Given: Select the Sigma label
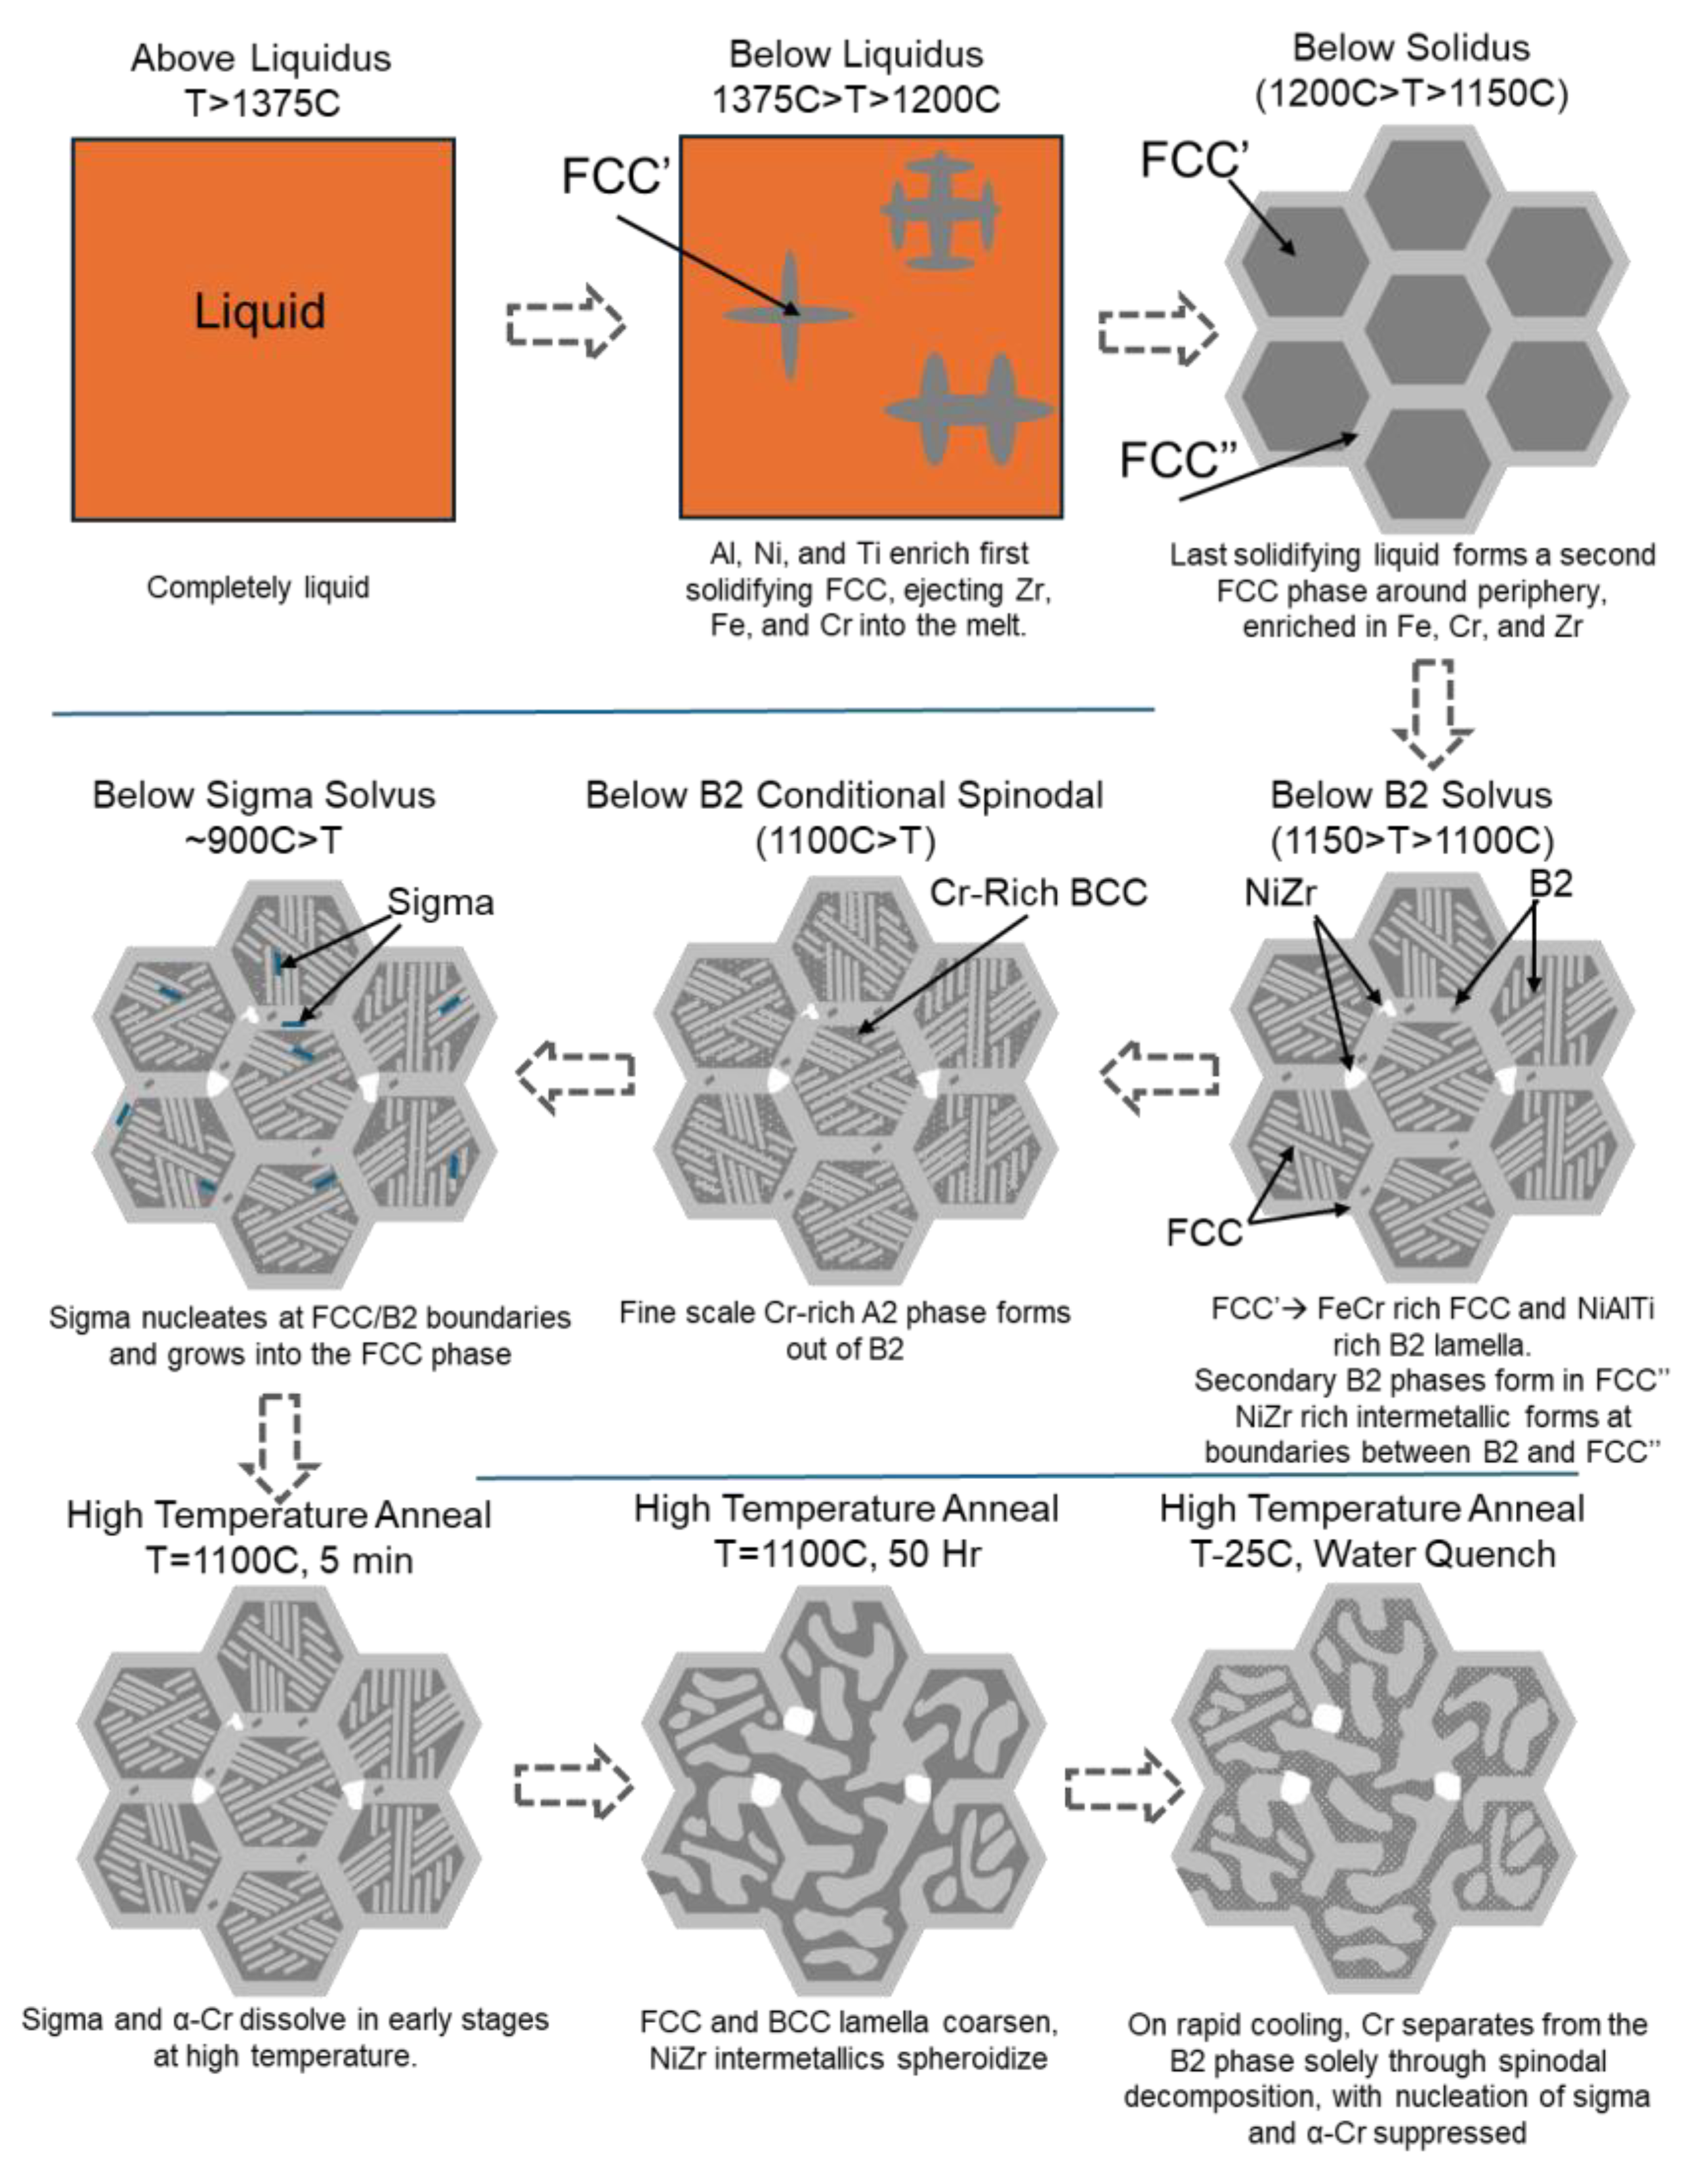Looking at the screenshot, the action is point(440,902).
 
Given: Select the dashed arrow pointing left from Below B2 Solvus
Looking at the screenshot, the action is point(1160,1075).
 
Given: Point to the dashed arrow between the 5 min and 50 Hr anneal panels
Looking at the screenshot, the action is point(573,1782).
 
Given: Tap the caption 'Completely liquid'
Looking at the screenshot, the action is point(258,587).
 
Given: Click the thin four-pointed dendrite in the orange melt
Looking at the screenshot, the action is point(788,316).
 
